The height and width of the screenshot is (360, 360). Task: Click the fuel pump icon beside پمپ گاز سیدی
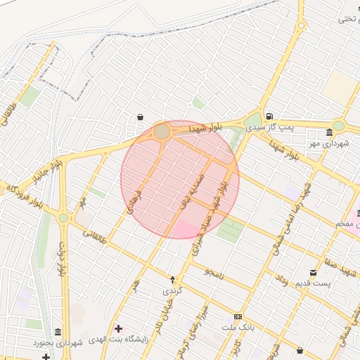[x=269, y=116]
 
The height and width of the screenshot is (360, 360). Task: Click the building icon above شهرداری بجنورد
[x=56, y=332]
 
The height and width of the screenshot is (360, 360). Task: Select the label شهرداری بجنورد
[x=57, y=342]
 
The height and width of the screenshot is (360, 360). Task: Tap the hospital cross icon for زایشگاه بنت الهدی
[x=117, y=328]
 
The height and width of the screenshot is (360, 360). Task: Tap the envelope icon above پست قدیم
[x=314, y=273]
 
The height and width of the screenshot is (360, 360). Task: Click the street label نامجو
[x=213, y=272]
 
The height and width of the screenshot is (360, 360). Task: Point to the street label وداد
[x=281, y=280]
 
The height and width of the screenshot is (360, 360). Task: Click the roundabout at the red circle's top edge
[x=162, y=131]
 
